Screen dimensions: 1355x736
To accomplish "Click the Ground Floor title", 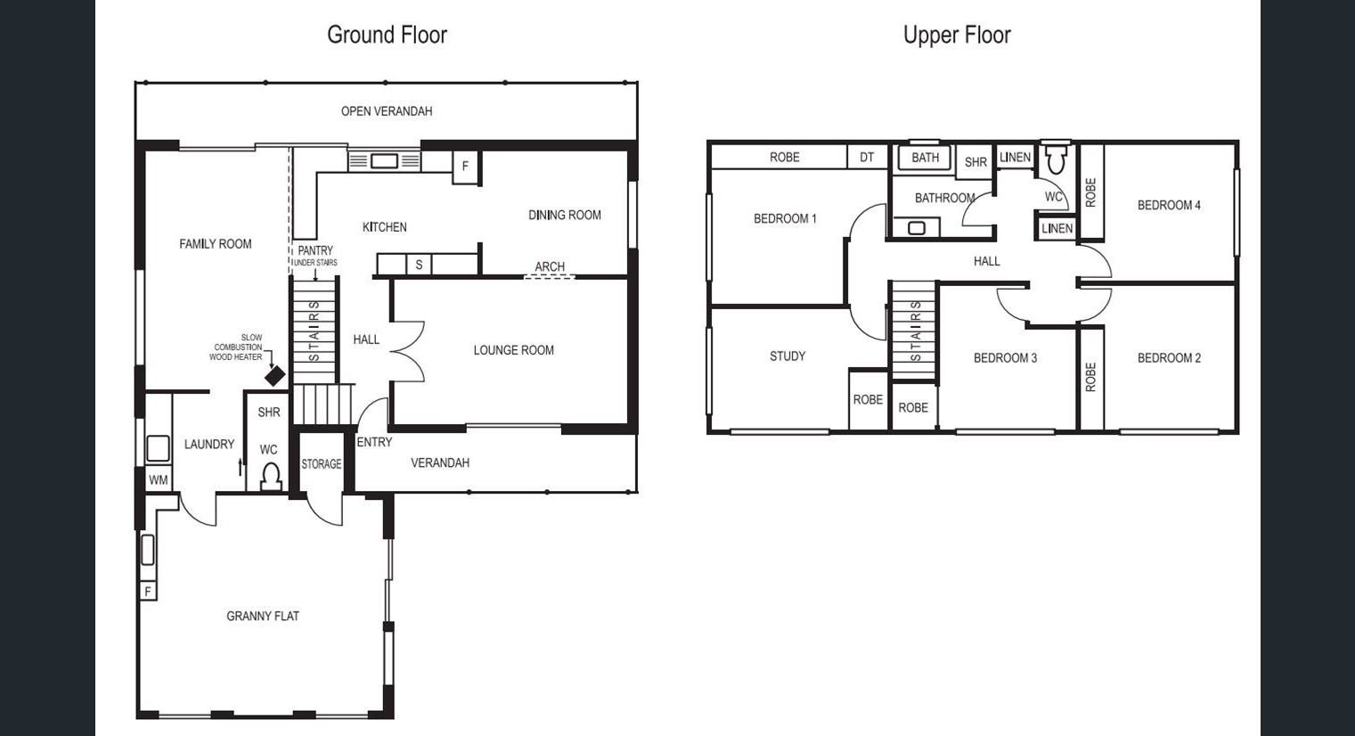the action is pyautogui.click(x=388, y=35).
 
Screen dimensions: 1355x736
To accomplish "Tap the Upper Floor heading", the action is pyautogui.click(x=957, y=35).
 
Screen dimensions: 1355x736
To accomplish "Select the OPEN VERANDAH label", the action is pyautogui.click(x=387, y=111).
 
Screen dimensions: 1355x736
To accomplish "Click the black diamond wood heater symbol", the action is pyautogui.click(x=274, y=376).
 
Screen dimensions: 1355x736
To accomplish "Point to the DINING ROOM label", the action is pyautogui.click(x=565, y=215).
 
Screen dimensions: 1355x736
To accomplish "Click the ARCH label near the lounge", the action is pyautogui.click(x=550, y=266).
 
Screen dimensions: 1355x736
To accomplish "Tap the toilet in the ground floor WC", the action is pyautogui.click(x=271, y=477).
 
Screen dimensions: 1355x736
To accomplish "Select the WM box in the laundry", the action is pyautogui.click(x=159, y=479).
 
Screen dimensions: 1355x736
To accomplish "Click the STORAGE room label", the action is pyautogui.click(x=322, y=464).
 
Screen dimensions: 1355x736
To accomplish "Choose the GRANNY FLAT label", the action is pyautogui.click(x=263, y=617).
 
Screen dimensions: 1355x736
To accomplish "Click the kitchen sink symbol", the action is pyautogui.click(x=384, y=161).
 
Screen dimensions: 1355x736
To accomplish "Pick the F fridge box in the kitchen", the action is pyautogui.click(x=465, y=166).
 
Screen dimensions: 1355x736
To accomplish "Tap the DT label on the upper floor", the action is pyautogui.click(x=867, y=158).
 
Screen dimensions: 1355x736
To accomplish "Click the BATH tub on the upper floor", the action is pyautogui.click(x=925, y=158).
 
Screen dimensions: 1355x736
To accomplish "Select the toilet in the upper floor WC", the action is pyautogui.click(x=1056, y=158).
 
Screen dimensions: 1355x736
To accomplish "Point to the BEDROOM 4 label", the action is pyautogui.click(x=1169, y=205).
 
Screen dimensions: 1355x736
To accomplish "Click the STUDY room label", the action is pyautogui.click(x=787, y=356).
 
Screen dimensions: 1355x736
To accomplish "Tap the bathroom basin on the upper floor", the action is pyautogui.click(x=917, y=228).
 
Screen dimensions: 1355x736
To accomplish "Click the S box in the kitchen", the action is pyautogui.click(x=419, y=265).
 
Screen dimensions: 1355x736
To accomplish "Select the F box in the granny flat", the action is pyautogui.click(x=148, y=591).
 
